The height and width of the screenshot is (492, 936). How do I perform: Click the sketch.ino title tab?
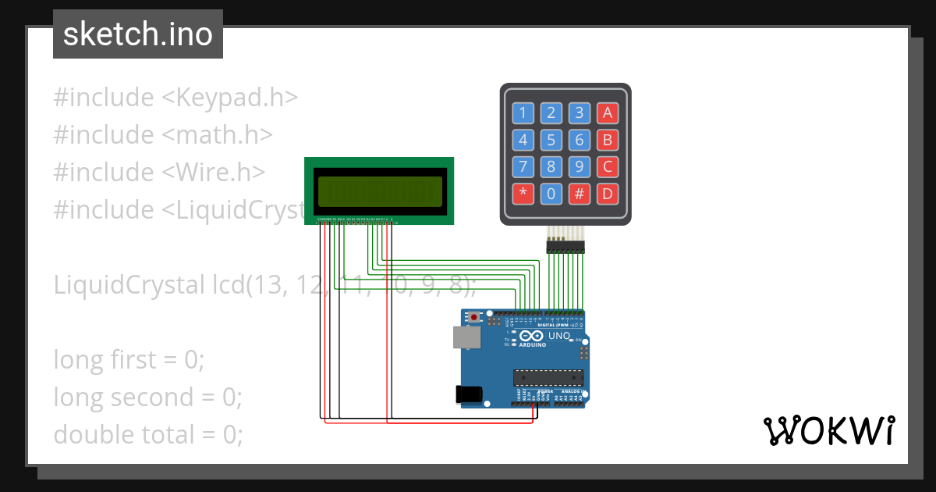point(137,34)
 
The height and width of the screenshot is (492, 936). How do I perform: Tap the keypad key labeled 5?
point(551,141)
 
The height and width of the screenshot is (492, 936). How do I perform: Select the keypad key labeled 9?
point(579,167)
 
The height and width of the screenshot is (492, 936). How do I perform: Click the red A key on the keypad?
point(607,113)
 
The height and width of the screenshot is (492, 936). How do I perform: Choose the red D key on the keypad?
point(607,194)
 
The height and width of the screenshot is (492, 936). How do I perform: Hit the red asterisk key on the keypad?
point(523,194)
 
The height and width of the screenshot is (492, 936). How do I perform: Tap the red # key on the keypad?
point(579,194)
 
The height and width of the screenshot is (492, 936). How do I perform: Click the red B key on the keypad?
point(607,141)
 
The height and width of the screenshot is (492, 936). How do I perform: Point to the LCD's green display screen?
point(378,190)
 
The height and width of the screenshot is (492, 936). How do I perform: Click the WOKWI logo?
point(828,430)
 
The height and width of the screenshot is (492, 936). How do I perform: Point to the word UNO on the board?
point(559,336)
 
